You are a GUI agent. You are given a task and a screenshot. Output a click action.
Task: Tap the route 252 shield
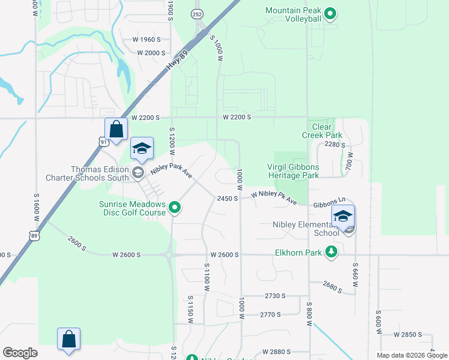click(197, 13)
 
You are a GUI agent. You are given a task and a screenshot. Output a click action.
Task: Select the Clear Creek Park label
click(327, 131)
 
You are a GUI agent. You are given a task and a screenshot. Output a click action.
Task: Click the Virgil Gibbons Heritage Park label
click(293, 172)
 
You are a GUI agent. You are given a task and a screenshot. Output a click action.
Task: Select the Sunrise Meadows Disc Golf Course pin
click(175, 208)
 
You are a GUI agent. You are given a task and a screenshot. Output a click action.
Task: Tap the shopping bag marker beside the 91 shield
click(116, 129)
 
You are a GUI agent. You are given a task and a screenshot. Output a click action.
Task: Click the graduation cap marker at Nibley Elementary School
click(343, 217)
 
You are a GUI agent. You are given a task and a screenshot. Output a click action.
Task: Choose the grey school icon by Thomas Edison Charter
click(137, 173)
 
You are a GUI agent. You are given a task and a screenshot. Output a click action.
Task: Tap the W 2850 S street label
click(409, 335)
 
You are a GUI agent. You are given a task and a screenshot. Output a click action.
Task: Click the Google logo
click(20, 353)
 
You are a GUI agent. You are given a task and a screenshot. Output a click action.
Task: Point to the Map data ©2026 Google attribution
click(412, 355)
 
